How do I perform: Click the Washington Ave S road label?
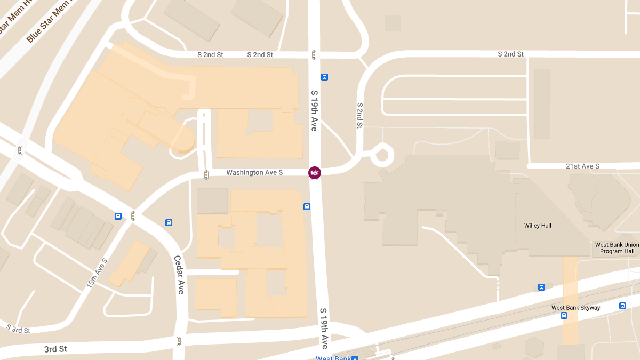[254, 173]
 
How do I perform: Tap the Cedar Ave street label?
[180, 274]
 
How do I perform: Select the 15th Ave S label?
[98, 274]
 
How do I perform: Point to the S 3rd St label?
[18, 329]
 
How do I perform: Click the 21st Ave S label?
[582, 166]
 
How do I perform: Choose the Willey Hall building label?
[538, 226]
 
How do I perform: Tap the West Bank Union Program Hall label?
[617, 248]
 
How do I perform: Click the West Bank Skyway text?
[575, 308]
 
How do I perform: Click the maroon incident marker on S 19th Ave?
[315, 172]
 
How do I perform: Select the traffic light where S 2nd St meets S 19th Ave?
[314, 54]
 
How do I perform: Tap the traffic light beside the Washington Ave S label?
[206, 174]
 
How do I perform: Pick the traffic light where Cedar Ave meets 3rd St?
[179, 341]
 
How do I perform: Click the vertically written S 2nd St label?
[360, 116]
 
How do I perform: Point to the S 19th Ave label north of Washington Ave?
[314, 110]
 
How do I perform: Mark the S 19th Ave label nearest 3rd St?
[324, 327]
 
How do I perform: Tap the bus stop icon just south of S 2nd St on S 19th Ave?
[324, 77]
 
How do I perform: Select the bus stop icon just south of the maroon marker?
[307, 206]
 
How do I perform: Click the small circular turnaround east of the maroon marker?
[382, 156]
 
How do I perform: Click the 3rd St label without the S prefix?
[55, 349]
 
